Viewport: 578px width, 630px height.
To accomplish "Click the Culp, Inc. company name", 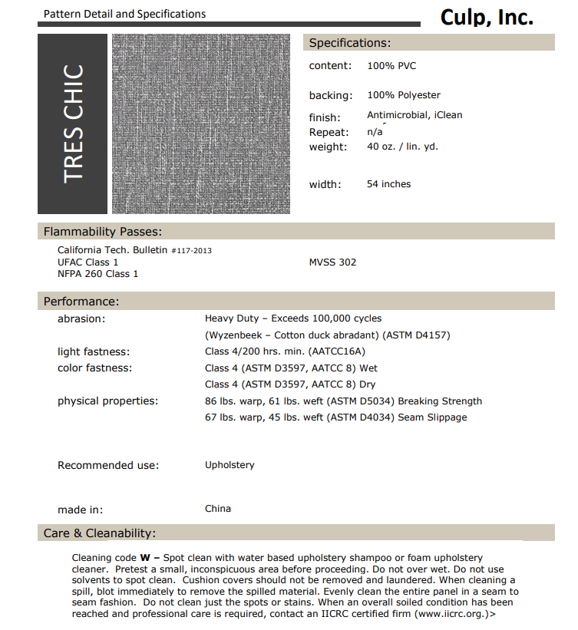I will [486, 18].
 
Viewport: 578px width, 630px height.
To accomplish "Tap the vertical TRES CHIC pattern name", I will [74, 124].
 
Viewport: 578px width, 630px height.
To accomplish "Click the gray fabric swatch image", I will [201, 124].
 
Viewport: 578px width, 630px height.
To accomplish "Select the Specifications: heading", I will [349, 43].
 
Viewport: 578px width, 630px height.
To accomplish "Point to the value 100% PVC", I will [391, 66].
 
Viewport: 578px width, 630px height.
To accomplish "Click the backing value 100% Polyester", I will [404, 95].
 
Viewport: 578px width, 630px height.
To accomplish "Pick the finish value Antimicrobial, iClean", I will [415, 115].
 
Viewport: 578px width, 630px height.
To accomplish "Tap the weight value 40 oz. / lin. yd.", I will [402, 147].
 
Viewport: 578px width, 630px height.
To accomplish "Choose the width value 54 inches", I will [388, 184].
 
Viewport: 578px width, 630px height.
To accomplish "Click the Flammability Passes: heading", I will [102, 232].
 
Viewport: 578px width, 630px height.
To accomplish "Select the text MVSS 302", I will [332, 262].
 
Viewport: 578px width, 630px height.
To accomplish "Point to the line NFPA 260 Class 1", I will [98, 274].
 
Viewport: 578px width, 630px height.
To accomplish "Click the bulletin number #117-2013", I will [191, 251].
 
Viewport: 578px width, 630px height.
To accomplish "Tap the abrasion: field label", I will [81, 318].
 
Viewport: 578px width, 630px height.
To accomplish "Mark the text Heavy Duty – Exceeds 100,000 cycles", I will [293, 318].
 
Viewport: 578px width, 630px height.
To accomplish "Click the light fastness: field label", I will [94, 352].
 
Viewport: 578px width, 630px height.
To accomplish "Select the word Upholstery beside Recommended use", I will [230, 465].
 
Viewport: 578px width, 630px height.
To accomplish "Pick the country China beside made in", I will [218, 509].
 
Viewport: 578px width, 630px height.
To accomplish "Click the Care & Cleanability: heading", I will [100, 533].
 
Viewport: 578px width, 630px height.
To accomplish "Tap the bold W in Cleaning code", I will [144, 557].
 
